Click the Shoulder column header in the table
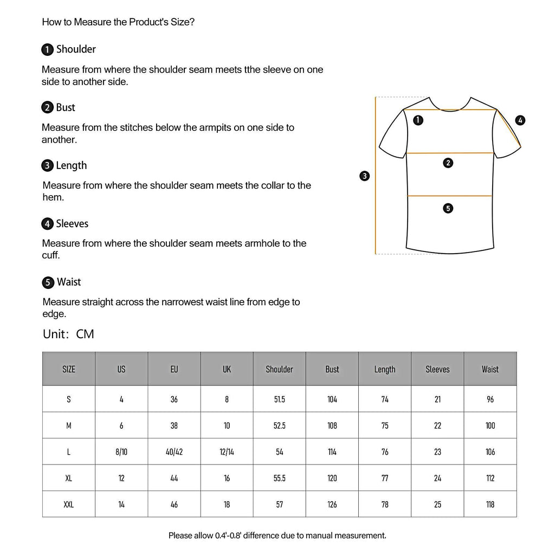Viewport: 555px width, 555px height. tap(279, 369)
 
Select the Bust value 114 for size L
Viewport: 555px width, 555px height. tap(332, 451)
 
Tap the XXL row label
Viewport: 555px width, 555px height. tap(68, 504)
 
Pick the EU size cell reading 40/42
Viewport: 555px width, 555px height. tap(174, 451)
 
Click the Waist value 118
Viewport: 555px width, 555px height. tap(490, 504)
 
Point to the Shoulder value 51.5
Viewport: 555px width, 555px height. tap(279, 399)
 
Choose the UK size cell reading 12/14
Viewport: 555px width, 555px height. tap(227, 451)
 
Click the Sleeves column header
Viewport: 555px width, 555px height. tap(437, 369)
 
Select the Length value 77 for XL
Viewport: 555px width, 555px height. tap(385, 478)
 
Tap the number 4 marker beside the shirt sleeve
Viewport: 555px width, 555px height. tap(520, 120)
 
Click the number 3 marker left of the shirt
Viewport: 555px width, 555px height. tap(365, 176)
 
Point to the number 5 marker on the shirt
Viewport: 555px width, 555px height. tap(448, 208)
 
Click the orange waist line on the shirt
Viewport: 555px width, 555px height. tap(450, 196)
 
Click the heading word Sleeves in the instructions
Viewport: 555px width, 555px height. tap(72, 224)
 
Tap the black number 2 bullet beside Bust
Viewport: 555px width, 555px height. tap(47, 107)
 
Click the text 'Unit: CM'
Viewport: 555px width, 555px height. tap(68, 334)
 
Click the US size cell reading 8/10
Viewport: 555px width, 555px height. tap(121, 451)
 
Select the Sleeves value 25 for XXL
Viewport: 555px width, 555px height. tap(437, 504)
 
